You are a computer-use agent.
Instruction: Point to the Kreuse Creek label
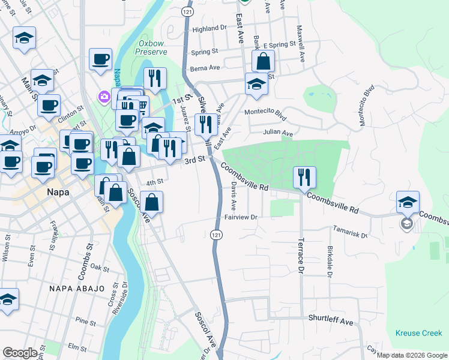[x=418, y=333]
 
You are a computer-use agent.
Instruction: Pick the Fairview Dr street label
[x=241, y=217]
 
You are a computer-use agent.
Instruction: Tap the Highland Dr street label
[x=209, y=28]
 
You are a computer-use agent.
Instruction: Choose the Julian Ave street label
[x=278, y=133]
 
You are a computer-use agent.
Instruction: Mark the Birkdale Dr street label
[x=330, y=262]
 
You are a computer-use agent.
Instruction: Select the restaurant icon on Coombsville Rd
[x=304, y=177]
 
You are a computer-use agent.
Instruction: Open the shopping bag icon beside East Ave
[x=263, y=61]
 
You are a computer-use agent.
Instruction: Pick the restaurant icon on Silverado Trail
[x=206, y=124]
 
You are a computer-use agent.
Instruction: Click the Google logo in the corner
[x=20, y=353]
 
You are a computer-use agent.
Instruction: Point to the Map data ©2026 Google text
[x=411, y=355]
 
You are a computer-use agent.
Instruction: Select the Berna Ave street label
[x=202, y=69]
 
